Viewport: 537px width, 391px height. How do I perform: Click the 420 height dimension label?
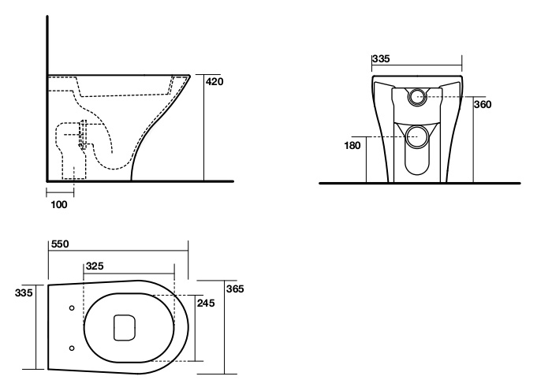pyautogui.click(x=214, y=81)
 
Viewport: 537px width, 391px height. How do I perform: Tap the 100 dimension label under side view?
pyautogui.click(x=59, y=205)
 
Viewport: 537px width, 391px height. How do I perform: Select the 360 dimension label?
pyautogui.click(x=483, y=104)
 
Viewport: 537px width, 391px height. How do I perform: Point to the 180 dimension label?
pyautogui.click(x=352, y=146)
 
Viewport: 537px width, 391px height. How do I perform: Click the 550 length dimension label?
pyautogui.click(x=60, y=244)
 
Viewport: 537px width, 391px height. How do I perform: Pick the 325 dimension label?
pyautogui.click(x=95, y=266)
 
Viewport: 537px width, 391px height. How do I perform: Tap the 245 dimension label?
pyautogui.click(x=206, y=303)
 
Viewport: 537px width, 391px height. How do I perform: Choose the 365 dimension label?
pyautogui.click(x=235, y=289)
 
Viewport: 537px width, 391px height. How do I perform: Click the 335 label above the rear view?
pyautogui.click(x=381, y=59)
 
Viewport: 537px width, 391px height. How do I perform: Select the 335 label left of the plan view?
pyautogui.click(x=24, y=292)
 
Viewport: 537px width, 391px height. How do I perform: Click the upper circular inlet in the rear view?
pyautogui.click(x=417, y=96)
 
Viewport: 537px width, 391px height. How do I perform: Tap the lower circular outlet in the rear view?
pyautogui.click(x=417, y=136)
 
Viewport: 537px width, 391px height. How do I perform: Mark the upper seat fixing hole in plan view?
pyautogui.click(x=72, y=308)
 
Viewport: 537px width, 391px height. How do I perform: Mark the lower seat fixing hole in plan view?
pyautogui.click(x=72, y=348)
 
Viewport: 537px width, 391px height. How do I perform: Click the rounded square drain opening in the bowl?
pyautogui.click(x=125, y=328)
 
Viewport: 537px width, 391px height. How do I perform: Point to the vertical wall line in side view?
pyautogui.click(x=47, y=99)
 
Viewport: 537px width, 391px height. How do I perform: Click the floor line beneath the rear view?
pyautogui.click(x=420, y=183)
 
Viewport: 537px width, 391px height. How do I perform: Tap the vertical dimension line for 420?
pyautogui.click(x=204, y=128)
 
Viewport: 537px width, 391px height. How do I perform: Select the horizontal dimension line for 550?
pyautogui.click(x=118, y=250)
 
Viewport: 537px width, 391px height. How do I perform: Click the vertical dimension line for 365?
pyautogui.click(x=225, y=327)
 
